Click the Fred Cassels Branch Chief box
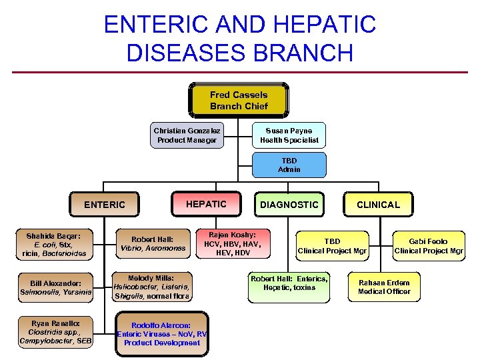tap(239, 101)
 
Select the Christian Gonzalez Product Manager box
tap(187, 135)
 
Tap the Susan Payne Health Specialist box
tap(289, 135)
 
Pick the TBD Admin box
tap(289, 165)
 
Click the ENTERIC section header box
tap(104, 205)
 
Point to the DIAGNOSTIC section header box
tap(289, 205)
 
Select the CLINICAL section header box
tap(378, 205)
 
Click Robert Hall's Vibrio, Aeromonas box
tap(152, 243)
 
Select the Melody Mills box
tap(152, 287)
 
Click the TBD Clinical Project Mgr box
tap(332, 246)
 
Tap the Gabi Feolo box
tap(429, 246)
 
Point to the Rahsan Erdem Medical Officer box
tap(384, 287)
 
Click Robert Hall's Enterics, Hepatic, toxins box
tap(289, 283)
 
